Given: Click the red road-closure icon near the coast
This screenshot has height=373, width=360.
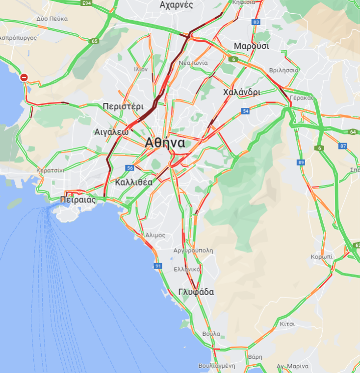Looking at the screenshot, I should [x=24, y=77].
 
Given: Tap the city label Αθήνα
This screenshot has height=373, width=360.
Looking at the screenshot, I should [x=165, y=143].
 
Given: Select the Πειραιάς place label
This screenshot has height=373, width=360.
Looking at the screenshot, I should [x=77, y=200].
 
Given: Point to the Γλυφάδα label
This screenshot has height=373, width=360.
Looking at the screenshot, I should [x=196, y=292].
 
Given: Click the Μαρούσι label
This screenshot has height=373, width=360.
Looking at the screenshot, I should [x=252, y=47].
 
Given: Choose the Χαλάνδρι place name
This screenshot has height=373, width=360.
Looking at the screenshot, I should [x=241, y=92].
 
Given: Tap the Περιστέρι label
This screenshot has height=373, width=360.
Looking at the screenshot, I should [x=123, y=106].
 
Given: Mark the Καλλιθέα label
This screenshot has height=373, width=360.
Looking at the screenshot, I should [x=134, y=182].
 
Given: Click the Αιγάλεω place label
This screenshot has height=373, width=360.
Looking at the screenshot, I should [x=111, y=132].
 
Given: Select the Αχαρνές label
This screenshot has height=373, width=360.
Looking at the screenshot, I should [x=177, y=5].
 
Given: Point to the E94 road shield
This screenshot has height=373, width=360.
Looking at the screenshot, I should [x=87, y=3].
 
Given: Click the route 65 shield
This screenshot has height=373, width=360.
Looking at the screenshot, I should [x=95, y=41].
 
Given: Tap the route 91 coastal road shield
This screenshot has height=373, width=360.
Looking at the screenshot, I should [x=158, y=266].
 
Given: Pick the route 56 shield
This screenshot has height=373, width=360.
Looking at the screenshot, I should [x=130, y=168].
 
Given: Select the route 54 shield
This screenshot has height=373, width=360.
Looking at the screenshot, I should [x=246, y=112].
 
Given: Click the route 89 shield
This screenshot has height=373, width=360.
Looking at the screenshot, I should [x=301, y=162].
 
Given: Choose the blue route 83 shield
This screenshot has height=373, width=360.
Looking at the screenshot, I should [x=256, y=22].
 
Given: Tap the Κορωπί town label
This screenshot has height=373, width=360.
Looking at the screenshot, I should [x=322, y=257].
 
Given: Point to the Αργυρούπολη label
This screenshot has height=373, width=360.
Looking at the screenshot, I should [x=193, y=250].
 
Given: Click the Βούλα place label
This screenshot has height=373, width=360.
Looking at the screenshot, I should [x=211, y=334].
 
